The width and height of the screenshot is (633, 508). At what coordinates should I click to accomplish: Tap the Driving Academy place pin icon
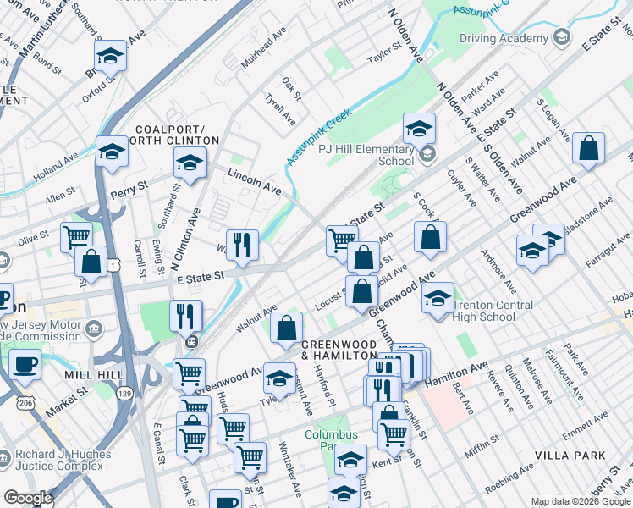pyautogui.click(x=561, y=37)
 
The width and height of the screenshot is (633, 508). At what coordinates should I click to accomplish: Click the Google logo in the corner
pyautogui.click(x=28, y=498)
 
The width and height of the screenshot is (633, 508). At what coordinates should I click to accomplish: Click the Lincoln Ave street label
pyautogui.click(x=253, y=178)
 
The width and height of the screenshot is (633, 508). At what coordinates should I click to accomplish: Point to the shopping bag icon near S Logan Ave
pyautogui.click(x=588, y=149)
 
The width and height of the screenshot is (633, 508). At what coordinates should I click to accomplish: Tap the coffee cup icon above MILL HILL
pyautogui.click(x=25, y=365)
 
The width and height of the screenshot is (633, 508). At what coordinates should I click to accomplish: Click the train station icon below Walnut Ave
pyautogui.click(x=192, y=342)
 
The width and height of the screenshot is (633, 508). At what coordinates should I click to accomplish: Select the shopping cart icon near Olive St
pyautogui.click(x=77, y=236)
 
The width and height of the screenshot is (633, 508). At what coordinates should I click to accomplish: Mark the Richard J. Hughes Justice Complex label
pyautogui.click(x=62, y=461)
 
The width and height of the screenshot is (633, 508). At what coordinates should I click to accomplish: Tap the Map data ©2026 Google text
pyautogui.click(x=581, y=501)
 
